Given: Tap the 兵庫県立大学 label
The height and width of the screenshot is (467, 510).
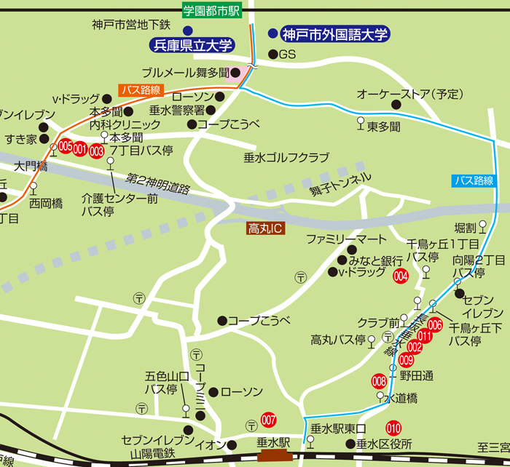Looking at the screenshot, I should click(192, 45).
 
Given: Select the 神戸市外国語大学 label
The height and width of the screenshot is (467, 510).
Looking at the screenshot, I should click(336, 33).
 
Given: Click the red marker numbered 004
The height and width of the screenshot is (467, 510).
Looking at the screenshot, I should click(400, 276).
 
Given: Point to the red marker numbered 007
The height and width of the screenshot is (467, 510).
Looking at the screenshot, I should click(269, 420).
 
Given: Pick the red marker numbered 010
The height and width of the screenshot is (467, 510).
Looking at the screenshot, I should click(393, 428).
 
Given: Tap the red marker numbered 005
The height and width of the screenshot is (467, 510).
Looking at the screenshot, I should click(66, 146).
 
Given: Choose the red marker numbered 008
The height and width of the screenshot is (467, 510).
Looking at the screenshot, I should click(379, 380).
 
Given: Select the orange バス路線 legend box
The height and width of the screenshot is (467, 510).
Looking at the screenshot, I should click(138, 90).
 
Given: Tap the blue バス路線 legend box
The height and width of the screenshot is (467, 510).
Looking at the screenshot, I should click(474, 180).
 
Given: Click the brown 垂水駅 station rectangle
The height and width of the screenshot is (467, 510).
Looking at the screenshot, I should click(273, 455).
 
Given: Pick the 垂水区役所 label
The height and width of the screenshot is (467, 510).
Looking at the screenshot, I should click(383, 444).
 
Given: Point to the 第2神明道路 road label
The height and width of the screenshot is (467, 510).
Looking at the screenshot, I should click(157, 183).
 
